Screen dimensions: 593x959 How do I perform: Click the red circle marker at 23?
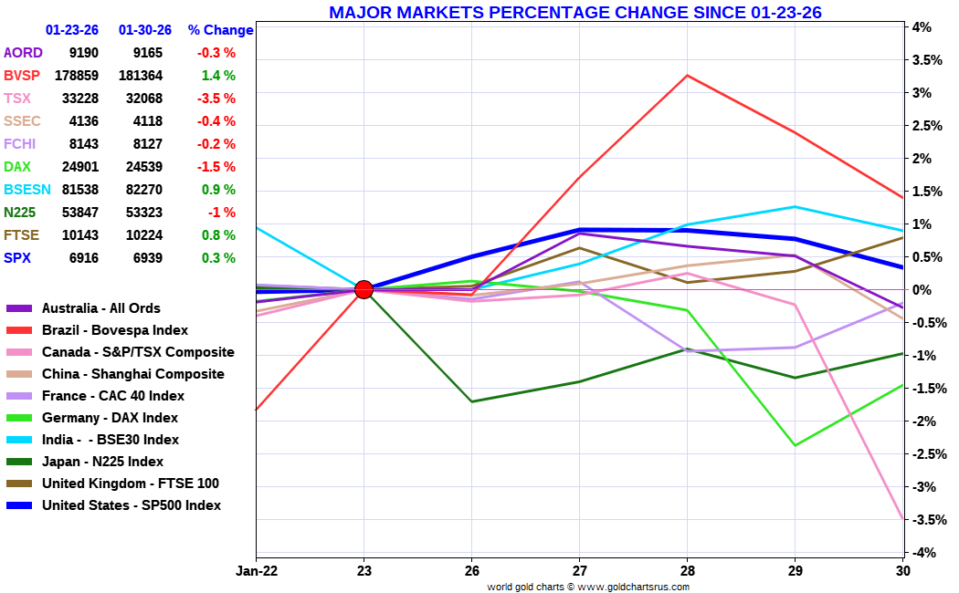point(364,289)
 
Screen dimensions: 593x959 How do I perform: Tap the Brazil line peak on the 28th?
point(687,75)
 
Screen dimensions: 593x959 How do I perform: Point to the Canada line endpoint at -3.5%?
point(903,519)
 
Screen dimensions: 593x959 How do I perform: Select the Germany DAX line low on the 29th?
point(795,445)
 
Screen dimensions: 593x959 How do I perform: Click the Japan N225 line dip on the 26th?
point(471,401)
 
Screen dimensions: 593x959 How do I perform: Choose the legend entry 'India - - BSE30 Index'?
point(111,440)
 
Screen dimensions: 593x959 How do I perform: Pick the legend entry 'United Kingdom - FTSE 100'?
point(130,484)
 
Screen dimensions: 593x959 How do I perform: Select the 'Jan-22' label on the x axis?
point(256,571)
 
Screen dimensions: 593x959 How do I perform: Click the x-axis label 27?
point(579,571)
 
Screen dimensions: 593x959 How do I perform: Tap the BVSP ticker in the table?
point(23,76)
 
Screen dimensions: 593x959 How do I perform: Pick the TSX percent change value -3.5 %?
point(217,99)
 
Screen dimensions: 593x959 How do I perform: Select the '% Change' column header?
point(220,30)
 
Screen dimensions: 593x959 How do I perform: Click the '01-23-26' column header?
point(73,30)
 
